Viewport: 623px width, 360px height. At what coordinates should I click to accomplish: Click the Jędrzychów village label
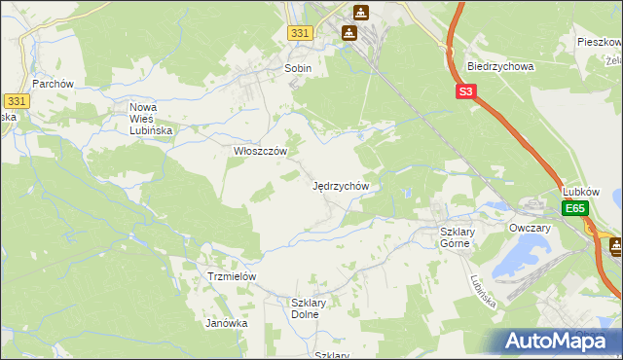click(340, 185)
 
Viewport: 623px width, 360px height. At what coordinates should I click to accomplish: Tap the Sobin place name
click(297, 69)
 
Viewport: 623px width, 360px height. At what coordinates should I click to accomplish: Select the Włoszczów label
click(260, 152)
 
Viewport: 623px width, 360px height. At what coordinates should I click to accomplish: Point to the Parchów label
click(54, 84)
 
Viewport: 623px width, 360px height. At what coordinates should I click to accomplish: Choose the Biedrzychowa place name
click(500, 67)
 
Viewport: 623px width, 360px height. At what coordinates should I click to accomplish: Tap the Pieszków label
click(598, 43)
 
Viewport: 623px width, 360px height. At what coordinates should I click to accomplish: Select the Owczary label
click(530, 228)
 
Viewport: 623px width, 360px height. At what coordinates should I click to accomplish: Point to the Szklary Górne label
click(455, 237)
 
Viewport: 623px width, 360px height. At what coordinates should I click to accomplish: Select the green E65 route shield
click(575, 209)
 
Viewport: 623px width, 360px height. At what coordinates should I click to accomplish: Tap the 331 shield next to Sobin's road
click(301, 33)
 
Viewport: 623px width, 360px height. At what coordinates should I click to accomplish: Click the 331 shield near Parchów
click(16, 100)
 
